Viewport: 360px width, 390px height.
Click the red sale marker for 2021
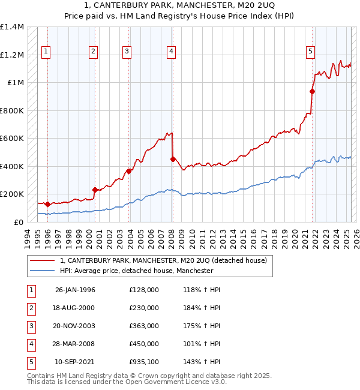tap(312, 92)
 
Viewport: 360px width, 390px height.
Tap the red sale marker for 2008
tap(173, 159)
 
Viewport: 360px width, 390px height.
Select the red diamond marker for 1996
tap(47, 204)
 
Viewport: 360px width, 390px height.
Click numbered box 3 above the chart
tap(127, 52)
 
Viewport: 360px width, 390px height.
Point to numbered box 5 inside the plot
tap(310, 52)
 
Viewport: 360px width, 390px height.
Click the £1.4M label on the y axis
tap(12, 28)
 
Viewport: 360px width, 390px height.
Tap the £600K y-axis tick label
tap(12, 139)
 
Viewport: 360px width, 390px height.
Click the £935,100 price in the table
tap(144, 362)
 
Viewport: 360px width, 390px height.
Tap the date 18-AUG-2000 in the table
tap(75, 308)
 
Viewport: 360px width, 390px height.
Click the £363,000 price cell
tap(144, 326)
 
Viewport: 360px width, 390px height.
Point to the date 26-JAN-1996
tap(75, 290)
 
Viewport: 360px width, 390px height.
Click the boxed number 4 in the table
tap(30, 344)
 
